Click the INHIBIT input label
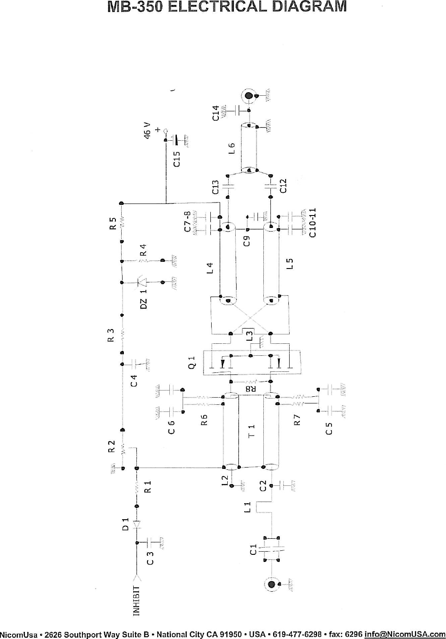(137, 601)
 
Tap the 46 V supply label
(147, 131)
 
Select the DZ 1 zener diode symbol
(142, 282)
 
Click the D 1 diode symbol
(136, 525)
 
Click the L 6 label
(231, 148)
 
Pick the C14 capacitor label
(216, 113)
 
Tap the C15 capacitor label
(177, 159)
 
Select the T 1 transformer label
(252, 430)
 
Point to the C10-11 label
(312, 223)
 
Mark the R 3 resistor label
(111, 334)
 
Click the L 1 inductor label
(248, 507)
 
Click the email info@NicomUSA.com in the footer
(405, 634)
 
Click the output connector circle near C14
(249, 96)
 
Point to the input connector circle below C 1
(271, 584)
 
